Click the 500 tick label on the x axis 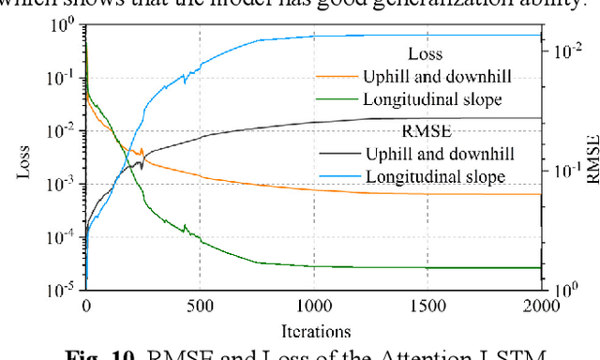200,306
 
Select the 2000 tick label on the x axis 542,306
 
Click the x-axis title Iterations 314,330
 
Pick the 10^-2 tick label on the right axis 567,52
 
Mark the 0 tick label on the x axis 86,306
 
